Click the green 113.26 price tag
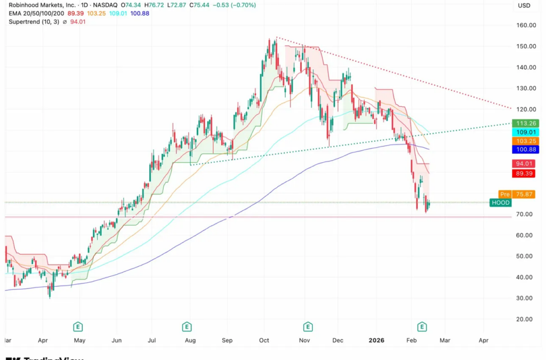coord(525,123)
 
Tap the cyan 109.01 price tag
coord(525,132)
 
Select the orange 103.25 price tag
coord(525,141)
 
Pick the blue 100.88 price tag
coord(525,149)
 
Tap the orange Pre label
coord(504,194)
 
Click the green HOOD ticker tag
coord(501,203)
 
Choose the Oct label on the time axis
coord(264,339)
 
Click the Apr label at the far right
coord(484,339)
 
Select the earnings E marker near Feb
coord(422,326)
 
